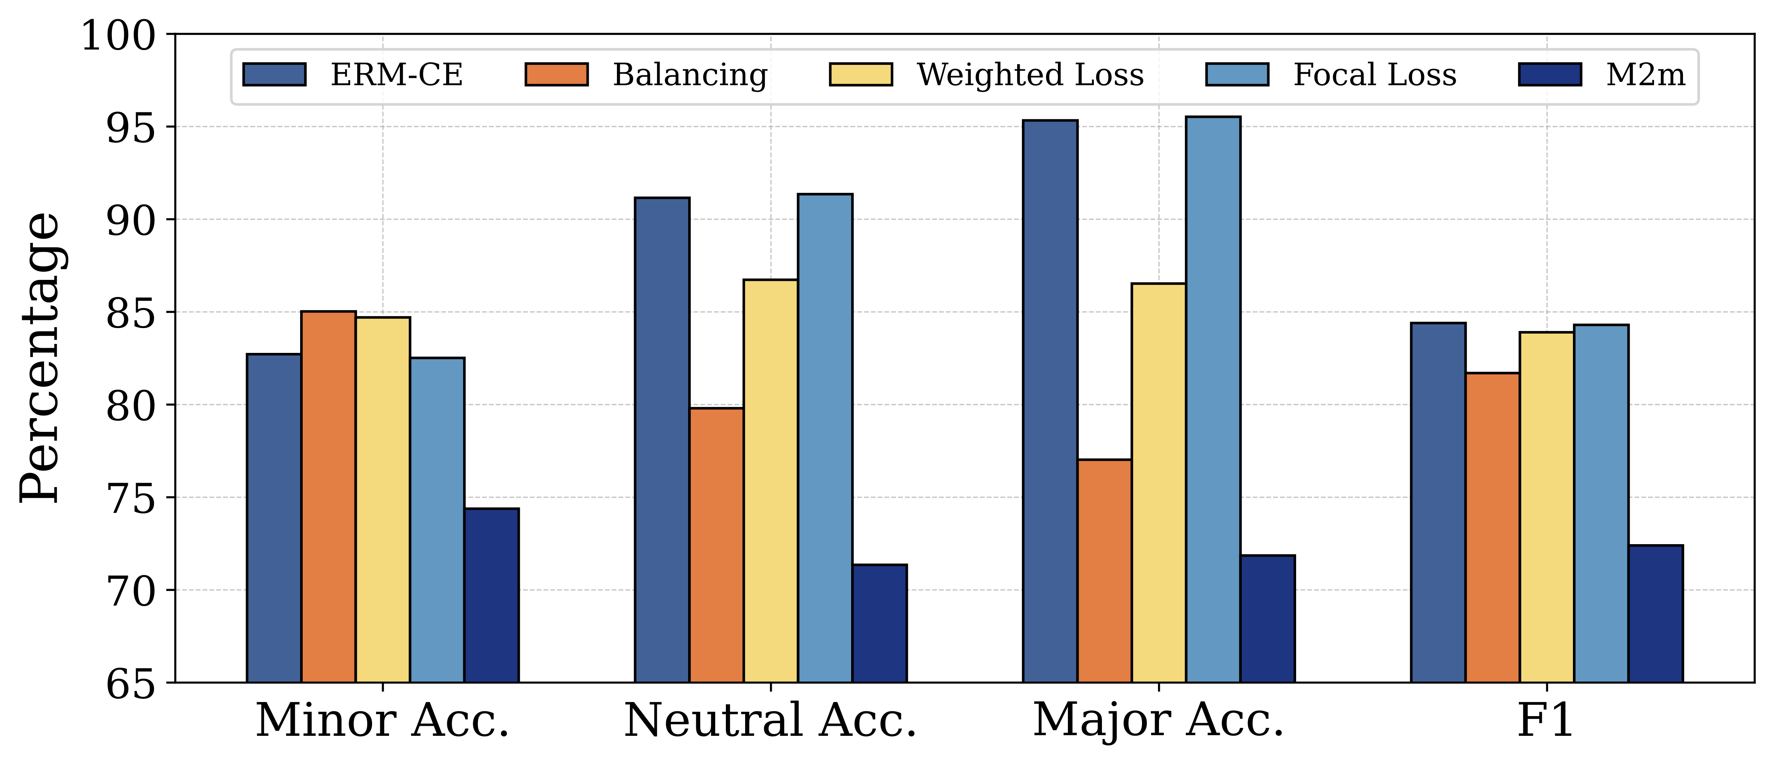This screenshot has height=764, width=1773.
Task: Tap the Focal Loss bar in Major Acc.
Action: [1213, 399]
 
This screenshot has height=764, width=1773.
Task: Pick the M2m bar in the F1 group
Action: [1655, 613]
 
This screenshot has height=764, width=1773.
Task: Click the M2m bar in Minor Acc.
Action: [491, 595]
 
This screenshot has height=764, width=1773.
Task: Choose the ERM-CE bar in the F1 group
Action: [1438, 502]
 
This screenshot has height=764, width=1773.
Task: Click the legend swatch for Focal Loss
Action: [1237, 75]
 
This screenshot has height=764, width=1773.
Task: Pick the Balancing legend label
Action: [690, 75]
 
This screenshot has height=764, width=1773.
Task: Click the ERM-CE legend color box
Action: [274, 75]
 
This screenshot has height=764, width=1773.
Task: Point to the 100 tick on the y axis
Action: [118, 36]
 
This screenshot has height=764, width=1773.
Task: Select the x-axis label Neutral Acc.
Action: [770, 721]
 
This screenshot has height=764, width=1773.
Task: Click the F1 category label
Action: [1546, 721]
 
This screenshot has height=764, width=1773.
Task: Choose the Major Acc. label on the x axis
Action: [1158, 721]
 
